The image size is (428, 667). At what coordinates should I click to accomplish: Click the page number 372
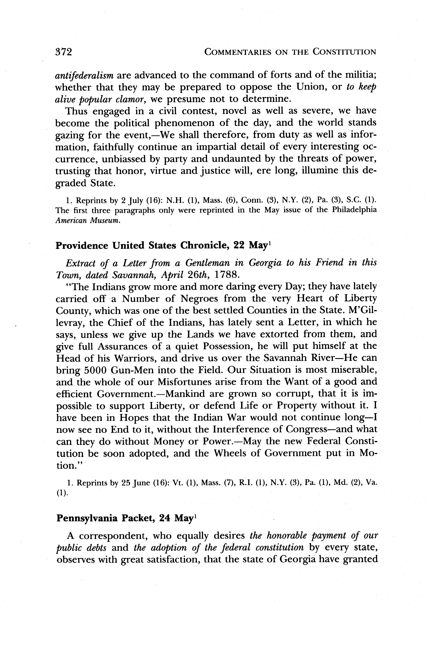pyautogui.click(x=64, y=52)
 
